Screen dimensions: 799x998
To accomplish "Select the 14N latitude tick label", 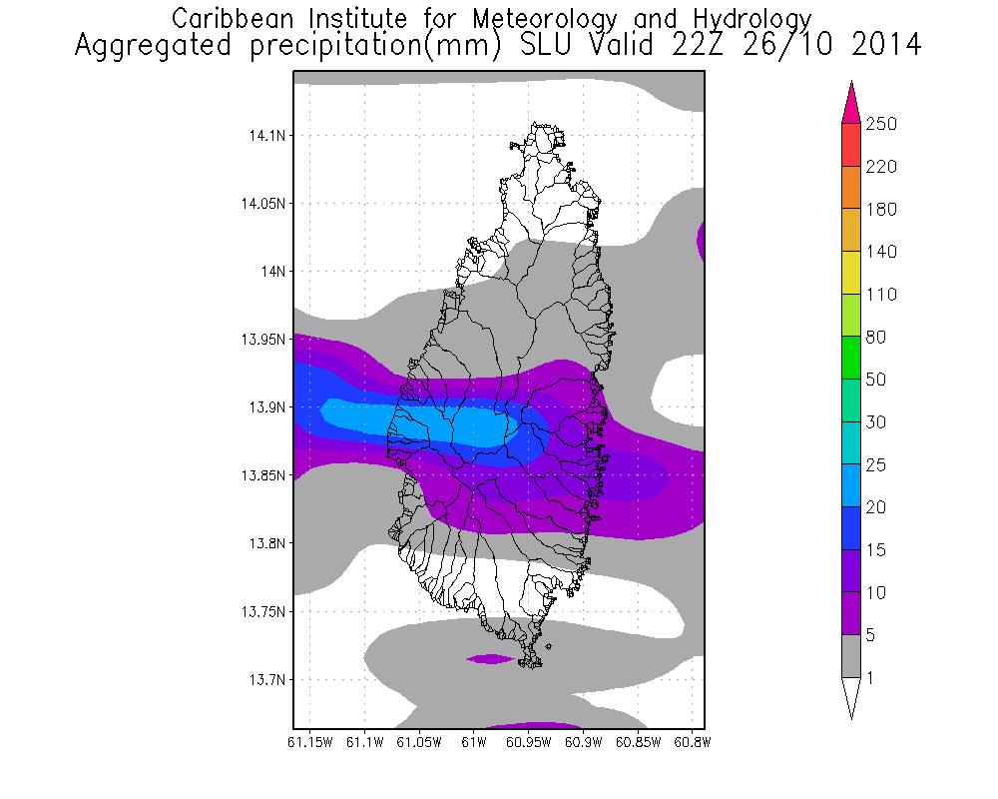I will pos(270,272).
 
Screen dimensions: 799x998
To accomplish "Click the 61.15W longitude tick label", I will pos(310,743).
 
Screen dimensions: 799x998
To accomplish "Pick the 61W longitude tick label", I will pos(473,743).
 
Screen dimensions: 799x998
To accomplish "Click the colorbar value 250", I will pos(881,124).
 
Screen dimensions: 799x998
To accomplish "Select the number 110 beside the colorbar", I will pos(881,295).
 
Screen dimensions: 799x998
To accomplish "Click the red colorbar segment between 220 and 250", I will pos(850,145).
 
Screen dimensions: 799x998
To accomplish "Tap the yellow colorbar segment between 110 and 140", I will pos(850,273).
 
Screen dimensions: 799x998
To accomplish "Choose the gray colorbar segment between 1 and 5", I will pos(850,656).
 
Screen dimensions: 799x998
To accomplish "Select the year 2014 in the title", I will pos(878,46).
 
